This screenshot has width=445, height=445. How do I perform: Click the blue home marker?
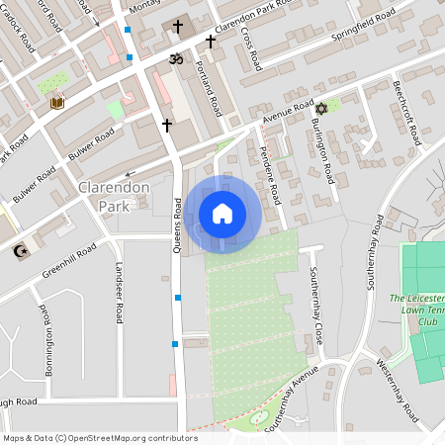pos(222,214)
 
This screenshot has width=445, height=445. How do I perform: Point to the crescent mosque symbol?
pos(17,251)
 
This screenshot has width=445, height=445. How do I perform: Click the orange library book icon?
pos(56,103)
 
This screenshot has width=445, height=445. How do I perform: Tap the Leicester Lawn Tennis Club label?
pos(413,310)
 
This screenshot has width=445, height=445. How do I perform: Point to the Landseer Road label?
pos(119,293)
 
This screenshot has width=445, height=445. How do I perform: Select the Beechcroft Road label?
pos(407,111)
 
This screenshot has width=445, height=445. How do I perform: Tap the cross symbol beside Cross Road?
pos(211,42)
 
